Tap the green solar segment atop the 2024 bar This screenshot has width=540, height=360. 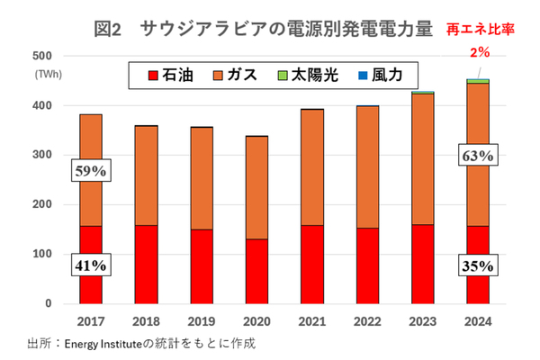click(x=478, y=81)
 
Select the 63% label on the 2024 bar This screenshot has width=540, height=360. click(x=478, y=155)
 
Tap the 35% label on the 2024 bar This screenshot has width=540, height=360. click(x=478, y=265)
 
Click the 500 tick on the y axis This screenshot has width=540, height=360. click(x=43, y=57)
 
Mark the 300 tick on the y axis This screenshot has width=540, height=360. click(x=43, y=156)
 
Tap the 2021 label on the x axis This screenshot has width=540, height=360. click(x=311, y=321)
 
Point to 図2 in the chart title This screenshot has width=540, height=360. click(x=107, y=29)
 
